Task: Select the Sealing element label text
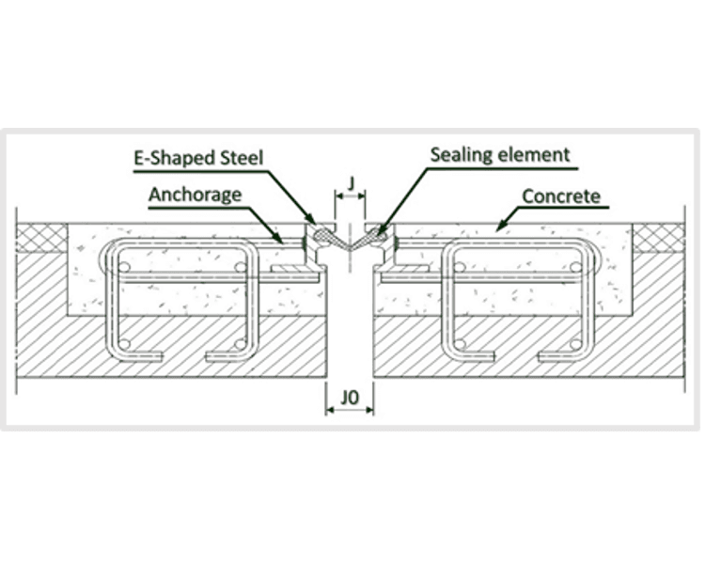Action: (x=500, y=154)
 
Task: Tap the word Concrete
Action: (x=561, y=196)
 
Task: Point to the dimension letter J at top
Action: (x=350, y=181)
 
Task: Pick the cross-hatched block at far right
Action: (x=664, y=237)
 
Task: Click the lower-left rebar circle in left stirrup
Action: (x=123, y=344)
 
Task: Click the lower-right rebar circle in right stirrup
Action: (x=574, y=344)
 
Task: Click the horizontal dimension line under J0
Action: (x=350, y=411)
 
